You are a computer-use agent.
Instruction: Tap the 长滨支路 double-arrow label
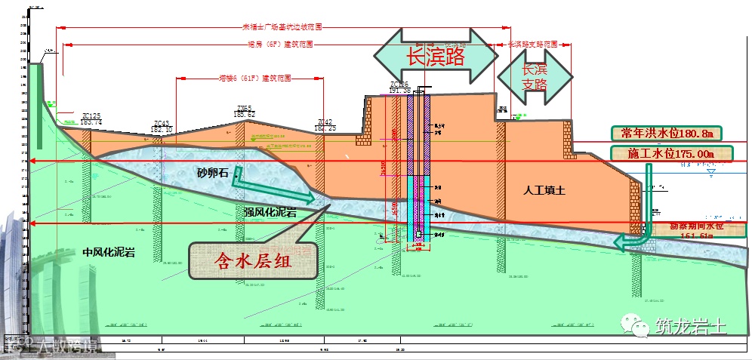[x=534, y=75]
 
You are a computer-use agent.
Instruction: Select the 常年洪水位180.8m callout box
[x=665, y=134]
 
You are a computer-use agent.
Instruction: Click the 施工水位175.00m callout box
[x=670, y=154]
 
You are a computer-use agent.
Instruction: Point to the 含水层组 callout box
[x=253, y=261]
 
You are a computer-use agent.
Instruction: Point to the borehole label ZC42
[x=325, y=125]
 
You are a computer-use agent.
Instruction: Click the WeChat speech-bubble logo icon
[x=635, y=326]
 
